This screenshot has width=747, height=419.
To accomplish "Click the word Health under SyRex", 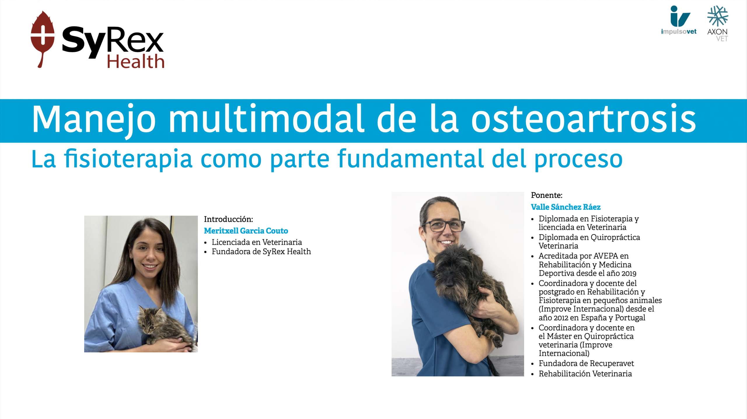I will tap(136, 62).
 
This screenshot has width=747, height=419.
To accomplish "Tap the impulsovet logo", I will tap(679, 20).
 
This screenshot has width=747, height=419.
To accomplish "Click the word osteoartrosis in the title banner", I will tap(583, 119).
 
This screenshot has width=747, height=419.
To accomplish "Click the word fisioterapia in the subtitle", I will tap(128, 159).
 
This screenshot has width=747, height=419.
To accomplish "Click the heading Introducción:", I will tap(228, 219).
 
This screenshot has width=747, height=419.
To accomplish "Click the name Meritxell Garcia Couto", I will tap(246, 231).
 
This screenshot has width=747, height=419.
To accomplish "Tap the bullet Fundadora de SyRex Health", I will tap(261, 252).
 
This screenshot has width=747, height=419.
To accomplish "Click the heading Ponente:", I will tap(547, 195).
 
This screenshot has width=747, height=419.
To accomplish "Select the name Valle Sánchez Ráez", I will tap(566, 207).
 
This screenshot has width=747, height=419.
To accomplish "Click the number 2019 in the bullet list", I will tap(629, 273).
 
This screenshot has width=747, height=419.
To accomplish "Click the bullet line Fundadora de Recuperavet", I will tap(586, 364).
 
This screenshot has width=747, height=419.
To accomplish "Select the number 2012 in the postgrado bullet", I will tap(558, 318).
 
